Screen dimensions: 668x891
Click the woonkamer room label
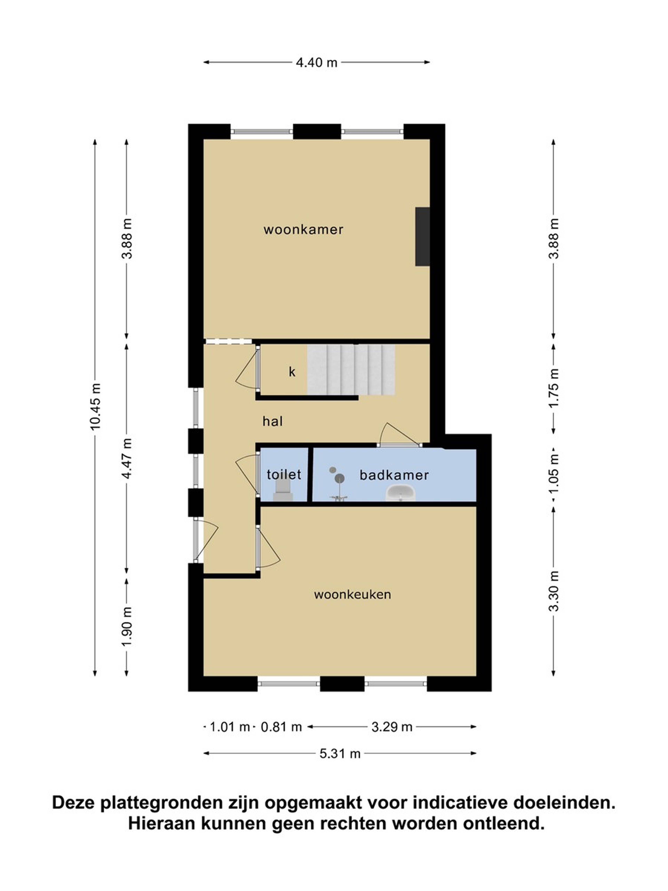pyautogui.click(x=303, y=230)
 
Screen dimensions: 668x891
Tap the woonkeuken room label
pyautogui.click(x=352, y=594)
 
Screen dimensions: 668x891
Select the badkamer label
pyautogui.click(x=394, y=475)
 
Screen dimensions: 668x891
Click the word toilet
pyautogui.click(x=284, y=475)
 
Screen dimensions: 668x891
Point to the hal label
pyautogui.click(x=273, y=421)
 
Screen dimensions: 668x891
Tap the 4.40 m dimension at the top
pyautogui.click(x=316, y=62)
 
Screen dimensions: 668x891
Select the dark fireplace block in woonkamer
pyautogui.click(x=422, y=236)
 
